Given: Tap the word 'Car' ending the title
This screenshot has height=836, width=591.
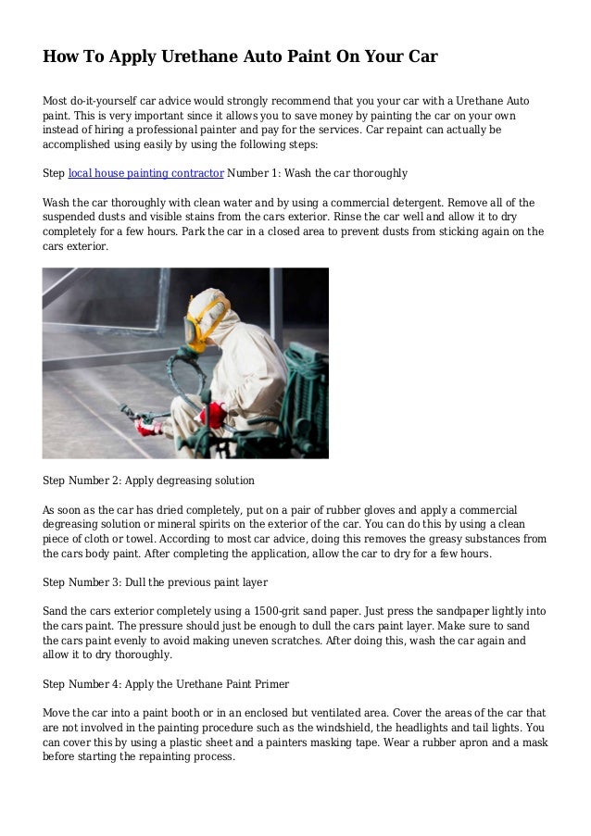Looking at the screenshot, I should (x=419, y=57).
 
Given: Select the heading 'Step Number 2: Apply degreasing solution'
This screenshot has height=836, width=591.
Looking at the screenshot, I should (x=149, y=481).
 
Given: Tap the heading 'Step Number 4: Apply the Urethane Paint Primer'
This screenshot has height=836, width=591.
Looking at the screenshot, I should (x=167, y=684).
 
